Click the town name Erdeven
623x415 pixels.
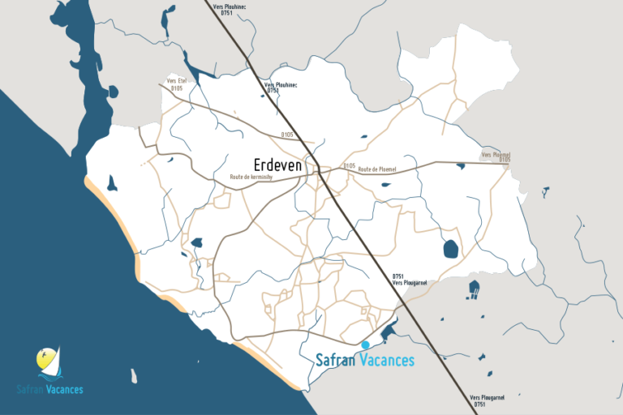tap(266, 165)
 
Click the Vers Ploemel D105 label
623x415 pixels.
tap(496, 156)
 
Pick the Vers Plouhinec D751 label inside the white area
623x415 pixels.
tap(281, 88)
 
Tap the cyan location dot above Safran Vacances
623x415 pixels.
tap(366, 344)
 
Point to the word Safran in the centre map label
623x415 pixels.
tap(335, 360)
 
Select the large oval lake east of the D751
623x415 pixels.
tap(450, 249)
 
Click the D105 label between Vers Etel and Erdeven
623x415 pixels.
tap(287, 134)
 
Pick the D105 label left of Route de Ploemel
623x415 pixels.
tap(349, 165)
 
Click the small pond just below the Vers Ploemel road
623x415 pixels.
tap(461, 166)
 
